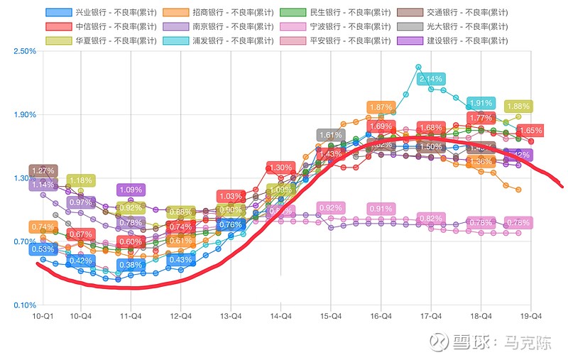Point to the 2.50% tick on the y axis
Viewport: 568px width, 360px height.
click(x=24, y=51)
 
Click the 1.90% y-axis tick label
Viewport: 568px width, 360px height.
click(x=24, y=114)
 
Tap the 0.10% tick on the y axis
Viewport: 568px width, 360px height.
click(x=24, y=305)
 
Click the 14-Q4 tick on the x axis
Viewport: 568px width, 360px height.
click(x=282, y=315)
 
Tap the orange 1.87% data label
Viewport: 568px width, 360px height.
click(x=381, y=107)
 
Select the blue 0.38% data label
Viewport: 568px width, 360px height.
click(x=130, y=265)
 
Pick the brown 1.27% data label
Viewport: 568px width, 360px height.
click(x=43, y=170)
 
